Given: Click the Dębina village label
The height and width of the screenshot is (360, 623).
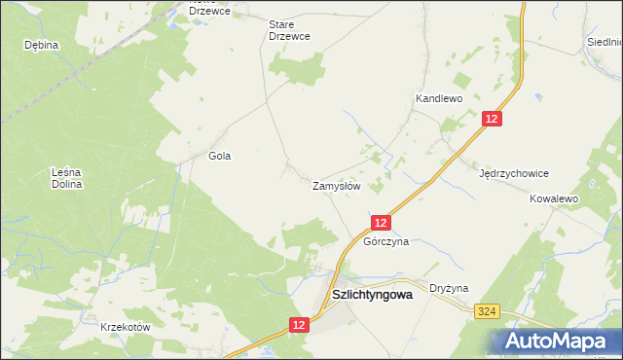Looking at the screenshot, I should [42, 45].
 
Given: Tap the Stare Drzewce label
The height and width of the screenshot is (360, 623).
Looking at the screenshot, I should [289, 29].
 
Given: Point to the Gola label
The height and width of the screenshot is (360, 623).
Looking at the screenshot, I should [220, 156].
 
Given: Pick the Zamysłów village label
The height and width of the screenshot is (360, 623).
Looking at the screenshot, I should [337, 185].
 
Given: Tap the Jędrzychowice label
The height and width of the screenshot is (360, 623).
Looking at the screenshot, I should [514, 173].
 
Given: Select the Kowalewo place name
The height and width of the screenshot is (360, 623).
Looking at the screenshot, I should [554, 198].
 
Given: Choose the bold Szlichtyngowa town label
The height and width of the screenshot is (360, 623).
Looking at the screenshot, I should [373, 292].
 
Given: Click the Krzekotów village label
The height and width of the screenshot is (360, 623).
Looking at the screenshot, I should [126, 327].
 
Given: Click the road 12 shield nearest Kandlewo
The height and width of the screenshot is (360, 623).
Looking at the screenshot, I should [493, 118].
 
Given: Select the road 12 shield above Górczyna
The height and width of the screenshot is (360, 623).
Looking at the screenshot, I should [381, 223].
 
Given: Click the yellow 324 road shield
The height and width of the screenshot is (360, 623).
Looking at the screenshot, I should [489, 310].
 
